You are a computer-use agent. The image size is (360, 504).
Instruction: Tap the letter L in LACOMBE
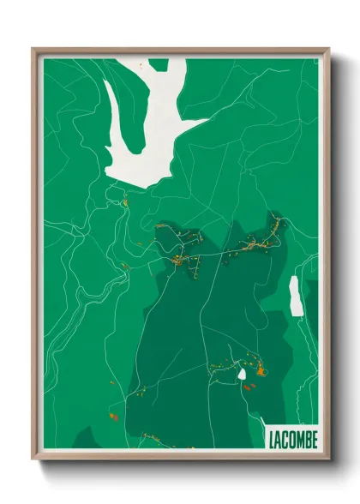point(271,438)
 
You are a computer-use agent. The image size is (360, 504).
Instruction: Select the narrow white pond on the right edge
point(295,295)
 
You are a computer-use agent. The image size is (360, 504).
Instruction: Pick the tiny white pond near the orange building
point(242,374)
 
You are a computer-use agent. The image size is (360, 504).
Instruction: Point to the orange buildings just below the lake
point(124,203)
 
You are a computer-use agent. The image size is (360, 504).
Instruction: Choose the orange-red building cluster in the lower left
point(111,417)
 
